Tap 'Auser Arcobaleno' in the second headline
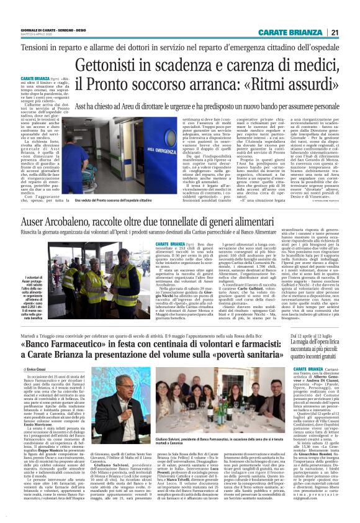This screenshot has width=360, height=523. click(62, 221)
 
